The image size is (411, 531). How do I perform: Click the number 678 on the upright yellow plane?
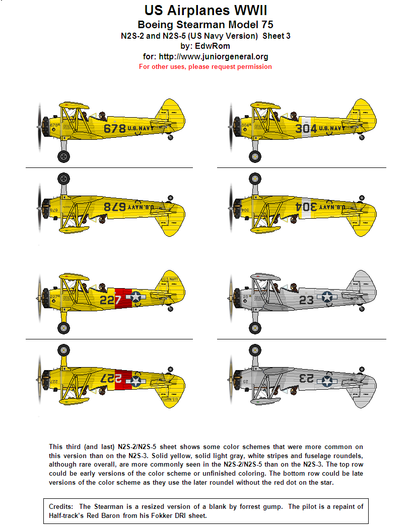(114, 129)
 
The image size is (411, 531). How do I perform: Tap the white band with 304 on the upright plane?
(306, 129)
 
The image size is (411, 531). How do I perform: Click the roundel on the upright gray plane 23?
(327, 297)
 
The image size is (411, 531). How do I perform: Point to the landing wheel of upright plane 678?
(63, 156)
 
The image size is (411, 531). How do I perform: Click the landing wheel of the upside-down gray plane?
(255, 350)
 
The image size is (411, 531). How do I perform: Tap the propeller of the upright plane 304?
(231, 127)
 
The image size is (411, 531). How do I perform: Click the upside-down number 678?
(114, 207)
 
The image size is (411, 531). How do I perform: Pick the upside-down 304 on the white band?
(306, 207)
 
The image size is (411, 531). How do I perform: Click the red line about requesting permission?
(205, 67)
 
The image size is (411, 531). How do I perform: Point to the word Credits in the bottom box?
(61, 506)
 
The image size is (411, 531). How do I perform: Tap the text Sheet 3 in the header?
(277, 36)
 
